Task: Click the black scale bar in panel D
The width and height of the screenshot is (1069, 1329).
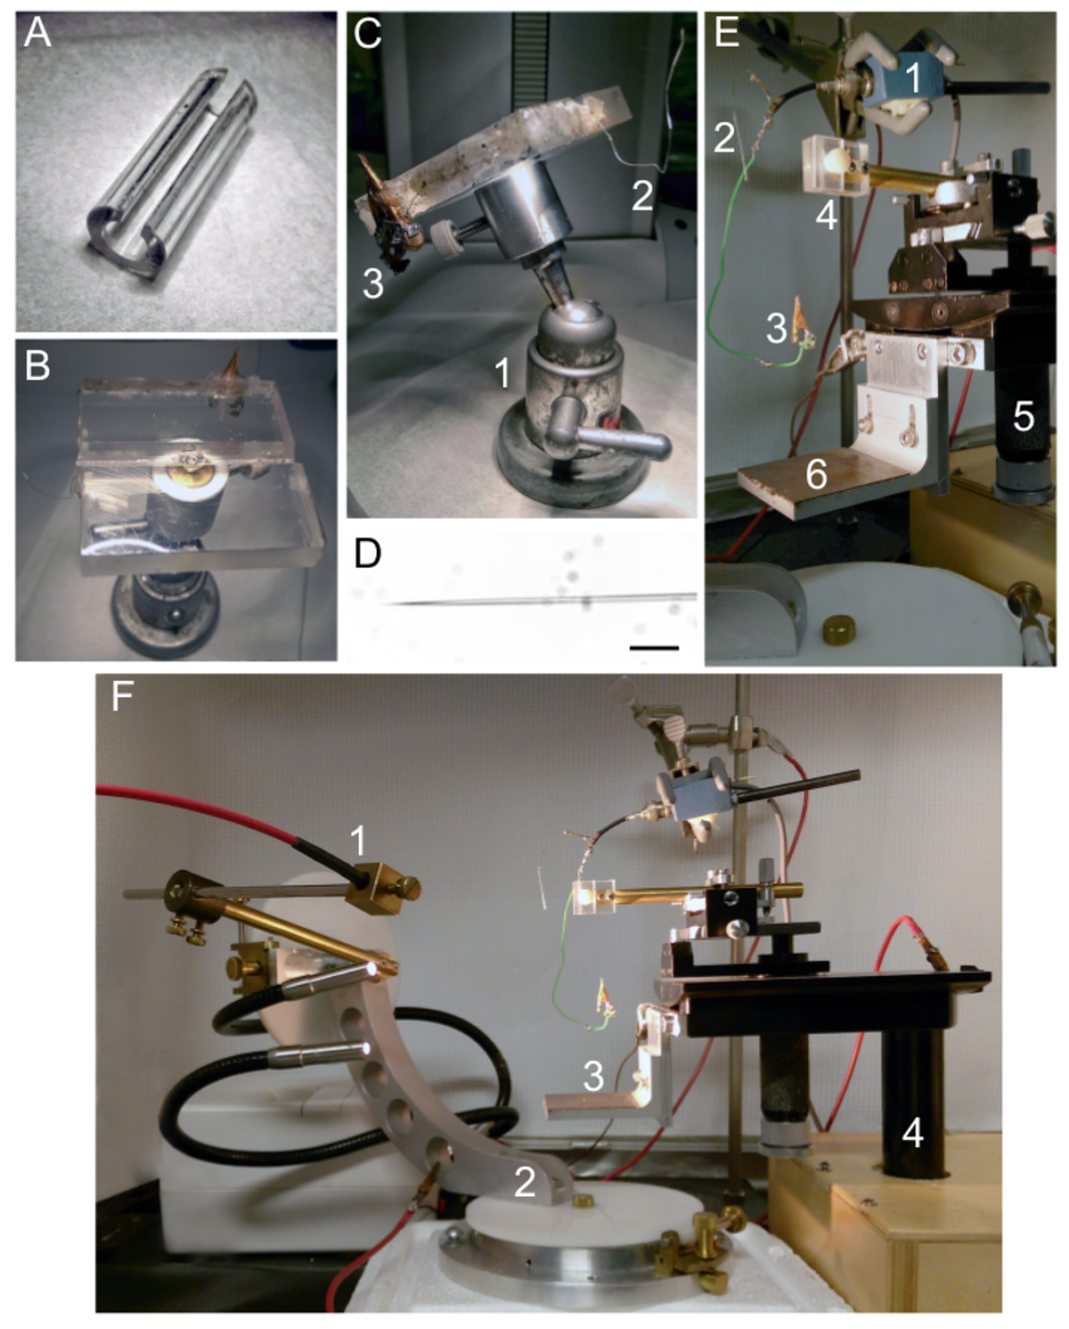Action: (654, 648)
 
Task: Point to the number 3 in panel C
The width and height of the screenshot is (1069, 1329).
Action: (372, 284)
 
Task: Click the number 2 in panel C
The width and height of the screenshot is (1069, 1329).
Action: (642, 195)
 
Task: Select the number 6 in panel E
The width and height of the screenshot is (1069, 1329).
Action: (817, 476)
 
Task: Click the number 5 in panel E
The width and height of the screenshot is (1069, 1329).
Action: (1023, 417)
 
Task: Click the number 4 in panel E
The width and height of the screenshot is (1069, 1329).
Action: (826, 217)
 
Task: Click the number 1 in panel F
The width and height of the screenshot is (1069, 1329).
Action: (358, 841)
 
